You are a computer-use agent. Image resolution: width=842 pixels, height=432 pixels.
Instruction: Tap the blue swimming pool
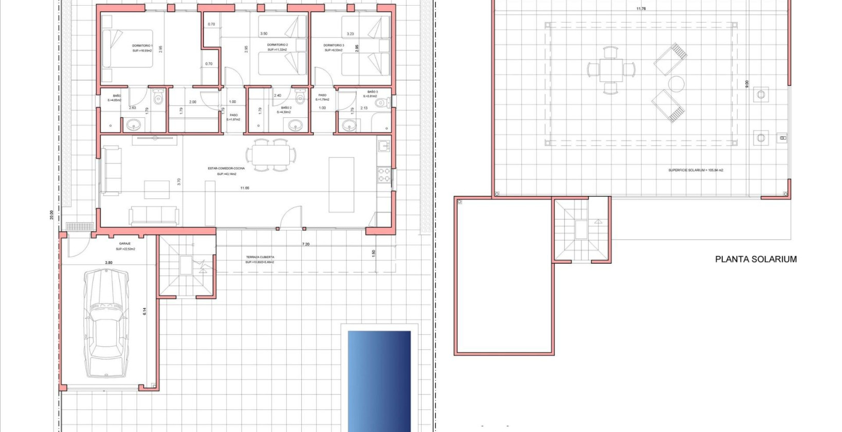(x=379, y=381)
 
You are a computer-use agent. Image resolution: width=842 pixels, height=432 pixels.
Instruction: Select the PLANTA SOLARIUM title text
(x=756, y=259)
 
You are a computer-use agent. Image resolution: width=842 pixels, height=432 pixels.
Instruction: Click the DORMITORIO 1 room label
(x=142, y=46)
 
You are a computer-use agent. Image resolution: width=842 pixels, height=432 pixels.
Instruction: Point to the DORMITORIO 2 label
(x=278, y=45)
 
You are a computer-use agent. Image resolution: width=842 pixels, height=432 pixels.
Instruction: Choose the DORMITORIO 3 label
(x=334, y=45)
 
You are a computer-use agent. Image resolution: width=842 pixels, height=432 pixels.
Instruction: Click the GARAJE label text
(x=125, y=244)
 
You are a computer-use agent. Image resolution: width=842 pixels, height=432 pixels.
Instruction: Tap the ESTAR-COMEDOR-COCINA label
(x=226, y=168)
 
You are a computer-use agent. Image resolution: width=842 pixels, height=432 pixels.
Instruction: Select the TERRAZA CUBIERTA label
(x=260, y=257)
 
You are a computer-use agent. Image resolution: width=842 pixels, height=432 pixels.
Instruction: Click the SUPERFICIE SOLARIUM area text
(x=695, y=170)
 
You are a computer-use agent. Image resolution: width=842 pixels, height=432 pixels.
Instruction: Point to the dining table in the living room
(x=270, y=155)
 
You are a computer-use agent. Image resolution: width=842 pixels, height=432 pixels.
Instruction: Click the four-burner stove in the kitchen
(x=384, y=175)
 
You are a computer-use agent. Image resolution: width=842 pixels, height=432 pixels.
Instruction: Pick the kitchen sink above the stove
(x=384, y=147)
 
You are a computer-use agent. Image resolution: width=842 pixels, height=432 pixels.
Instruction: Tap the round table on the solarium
(x=676, y=84)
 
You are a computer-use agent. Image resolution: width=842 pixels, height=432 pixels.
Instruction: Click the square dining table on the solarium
(x=611, y=70)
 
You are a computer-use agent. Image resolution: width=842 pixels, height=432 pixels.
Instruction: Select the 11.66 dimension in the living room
(x=245, y=188)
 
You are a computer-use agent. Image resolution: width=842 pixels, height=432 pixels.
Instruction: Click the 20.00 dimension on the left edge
(x=51, y=214)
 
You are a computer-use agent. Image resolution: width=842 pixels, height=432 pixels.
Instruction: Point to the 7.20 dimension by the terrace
(x=306, y=244)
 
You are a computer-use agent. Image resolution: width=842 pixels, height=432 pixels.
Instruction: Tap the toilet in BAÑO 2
(x=301, y=98)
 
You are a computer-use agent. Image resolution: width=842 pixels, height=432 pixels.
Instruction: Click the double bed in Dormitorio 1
(x=127, y=49)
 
